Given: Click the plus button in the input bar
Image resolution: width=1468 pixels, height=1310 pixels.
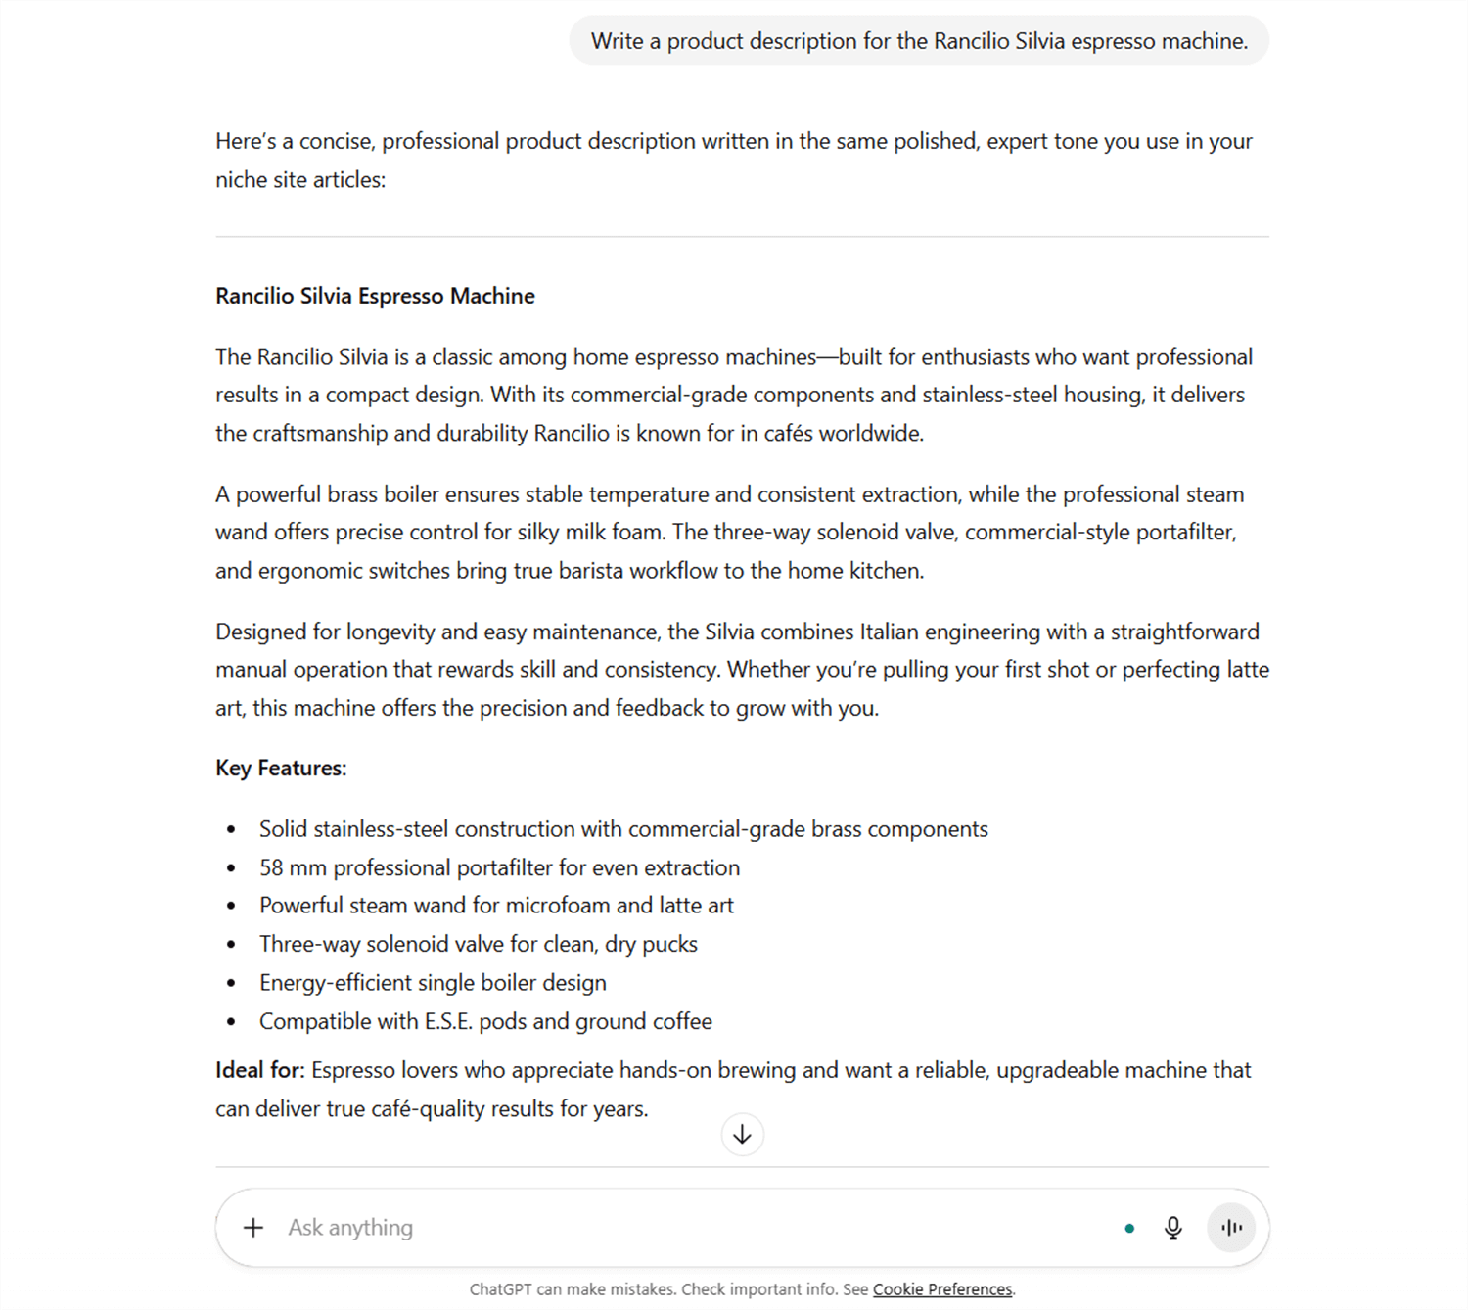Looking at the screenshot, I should point(253,1227).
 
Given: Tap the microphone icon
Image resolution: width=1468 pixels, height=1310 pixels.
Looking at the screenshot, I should point(1172,1227).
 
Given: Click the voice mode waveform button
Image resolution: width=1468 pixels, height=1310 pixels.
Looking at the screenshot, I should point(1231,1227).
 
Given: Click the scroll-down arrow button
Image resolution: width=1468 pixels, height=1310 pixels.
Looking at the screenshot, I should point(742,1134).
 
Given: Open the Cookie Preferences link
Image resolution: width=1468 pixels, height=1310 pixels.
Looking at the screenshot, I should point(941,1289).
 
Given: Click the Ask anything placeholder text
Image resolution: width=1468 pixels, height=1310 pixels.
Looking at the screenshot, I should point(350,1227).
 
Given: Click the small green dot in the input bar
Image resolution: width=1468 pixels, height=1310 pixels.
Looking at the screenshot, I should point(1129,1228).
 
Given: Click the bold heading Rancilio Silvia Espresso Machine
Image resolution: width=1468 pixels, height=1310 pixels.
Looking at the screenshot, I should point(375,296).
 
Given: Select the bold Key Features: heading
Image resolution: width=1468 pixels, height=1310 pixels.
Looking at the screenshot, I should point(281,768).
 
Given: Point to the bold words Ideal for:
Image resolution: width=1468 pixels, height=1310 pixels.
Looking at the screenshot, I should point(259,1070).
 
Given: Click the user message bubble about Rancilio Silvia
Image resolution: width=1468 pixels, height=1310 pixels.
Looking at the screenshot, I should point(919,41).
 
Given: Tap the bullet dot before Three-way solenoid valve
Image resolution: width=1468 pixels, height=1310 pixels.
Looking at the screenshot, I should point(231,945).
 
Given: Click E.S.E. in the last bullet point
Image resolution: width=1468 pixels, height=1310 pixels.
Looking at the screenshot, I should point(448,1021).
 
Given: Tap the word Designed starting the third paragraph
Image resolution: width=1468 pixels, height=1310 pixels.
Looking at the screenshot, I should point(260,632).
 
